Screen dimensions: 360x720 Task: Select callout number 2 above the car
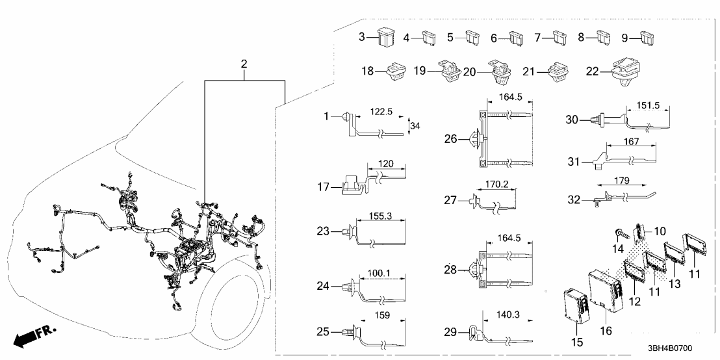pos(244,64)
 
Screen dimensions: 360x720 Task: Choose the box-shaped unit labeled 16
pos(606,291)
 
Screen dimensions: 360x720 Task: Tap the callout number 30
pos(571,119)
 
